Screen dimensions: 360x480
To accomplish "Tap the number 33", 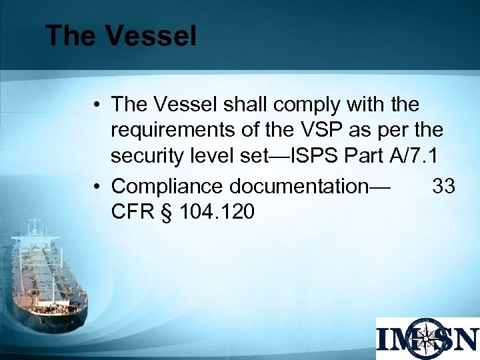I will [x=444, y=186].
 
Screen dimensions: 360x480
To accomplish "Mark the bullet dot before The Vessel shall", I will [x=97, y=105].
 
